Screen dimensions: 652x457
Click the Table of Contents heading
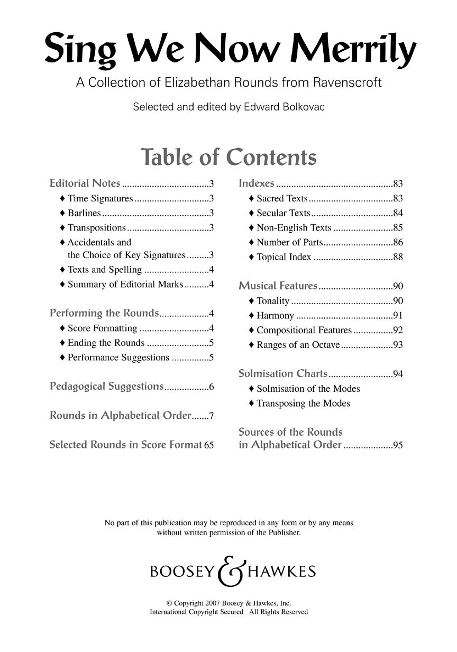click(x=229, y=157)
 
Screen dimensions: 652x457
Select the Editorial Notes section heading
click(x=85, y=184)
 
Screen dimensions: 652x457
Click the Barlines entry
click(x=84, y=213)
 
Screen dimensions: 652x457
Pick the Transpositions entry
click(x=97, y=228)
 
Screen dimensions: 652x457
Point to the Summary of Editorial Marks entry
click(x=125, y=284)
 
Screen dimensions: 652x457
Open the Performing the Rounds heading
click(x=104, y=313)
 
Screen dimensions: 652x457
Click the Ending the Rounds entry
click(x=106, y=343)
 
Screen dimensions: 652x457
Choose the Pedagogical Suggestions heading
click(x=106, y=387)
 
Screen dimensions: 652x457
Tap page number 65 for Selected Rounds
click(x=209, y=445)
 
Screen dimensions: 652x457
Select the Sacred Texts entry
click(x=282, y=199)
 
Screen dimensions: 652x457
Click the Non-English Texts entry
click(x=294, y=228)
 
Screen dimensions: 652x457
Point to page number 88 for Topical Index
click(x=398, y=258)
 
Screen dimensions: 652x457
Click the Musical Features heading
click(x=278, y=286)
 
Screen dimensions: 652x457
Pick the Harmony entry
click(x=275, y=316)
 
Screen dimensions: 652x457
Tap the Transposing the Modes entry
click(x=303, y=403)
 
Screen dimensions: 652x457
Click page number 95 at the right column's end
click(x=398, y=445)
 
